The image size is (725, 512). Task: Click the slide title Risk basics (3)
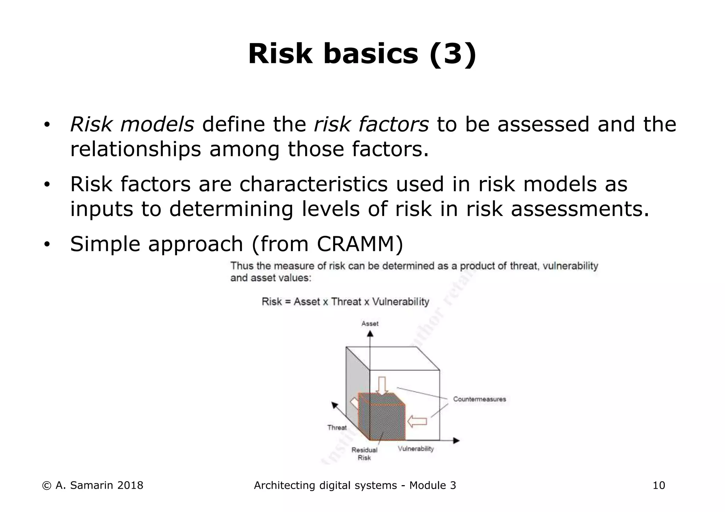362,54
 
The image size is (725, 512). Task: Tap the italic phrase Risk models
132,124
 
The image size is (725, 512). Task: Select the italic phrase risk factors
371,124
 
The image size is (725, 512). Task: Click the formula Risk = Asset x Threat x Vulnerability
345,302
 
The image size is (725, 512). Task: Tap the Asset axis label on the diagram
370,324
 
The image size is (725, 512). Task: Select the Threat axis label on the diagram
337,427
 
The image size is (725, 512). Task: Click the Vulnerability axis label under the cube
416,449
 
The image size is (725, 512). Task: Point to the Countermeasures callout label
479,399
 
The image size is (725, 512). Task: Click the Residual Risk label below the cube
364,454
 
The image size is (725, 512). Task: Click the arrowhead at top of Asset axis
370,333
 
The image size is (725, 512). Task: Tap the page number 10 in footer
659,485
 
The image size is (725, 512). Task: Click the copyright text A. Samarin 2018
93,485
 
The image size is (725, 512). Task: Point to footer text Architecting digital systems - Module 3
355,485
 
